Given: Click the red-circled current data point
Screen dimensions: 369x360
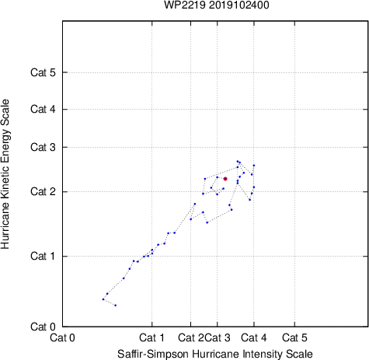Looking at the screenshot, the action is pyautogui.click(x=225, y=179).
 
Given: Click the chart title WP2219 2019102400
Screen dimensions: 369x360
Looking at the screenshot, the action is pyautogui.click(x=217, y=5).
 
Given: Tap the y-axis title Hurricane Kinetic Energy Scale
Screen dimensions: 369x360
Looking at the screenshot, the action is pyautogui.click(x=5, y=174).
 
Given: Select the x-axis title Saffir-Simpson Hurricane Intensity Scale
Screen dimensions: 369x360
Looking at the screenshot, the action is pyautogui.click(x=215, y=354).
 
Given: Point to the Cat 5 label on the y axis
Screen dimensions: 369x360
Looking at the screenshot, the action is pyautogui.click(x=43, y=72).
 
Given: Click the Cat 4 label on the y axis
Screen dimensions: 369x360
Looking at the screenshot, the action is pyautogui.click(x=43, y=109).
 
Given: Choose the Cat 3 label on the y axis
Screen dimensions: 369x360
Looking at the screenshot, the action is pyautogui.click(x=43, y=147).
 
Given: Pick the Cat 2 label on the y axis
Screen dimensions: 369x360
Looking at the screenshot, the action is pyautogui.click(x=43, y=192).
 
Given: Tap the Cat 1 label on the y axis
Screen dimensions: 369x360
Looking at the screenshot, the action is pyautogui.click(x=43, y=256).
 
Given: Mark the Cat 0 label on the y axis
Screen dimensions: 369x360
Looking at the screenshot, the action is pyautogui.click(x=43, y=327).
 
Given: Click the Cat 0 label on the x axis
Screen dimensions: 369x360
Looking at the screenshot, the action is pyautogui.click(x=62, y=337).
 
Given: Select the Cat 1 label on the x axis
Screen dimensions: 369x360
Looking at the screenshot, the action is pyautogui.click(x=151, y=337).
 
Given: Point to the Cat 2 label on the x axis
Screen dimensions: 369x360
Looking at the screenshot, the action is pyautogui.click(x=191, y=337).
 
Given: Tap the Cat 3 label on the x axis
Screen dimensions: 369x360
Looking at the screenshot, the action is pyautogui.click(x=218, y=337).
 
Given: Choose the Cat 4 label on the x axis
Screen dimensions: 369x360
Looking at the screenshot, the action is pyautogui.click(x=254, y=337).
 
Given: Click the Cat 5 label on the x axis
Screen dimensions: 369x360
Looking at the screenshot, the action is pyautogui.click(x=294, y=337).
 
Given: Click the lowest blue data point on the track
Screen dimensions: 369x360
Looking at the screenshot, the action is pyautogui.click(x=116, y=306).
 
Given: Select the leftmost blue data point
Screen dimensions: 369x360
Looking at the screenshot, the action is pyautogui.click(x=103, y=299).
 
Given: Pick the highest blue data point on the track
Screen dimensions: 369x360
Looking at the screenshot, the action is pyautogui.click(x=238, y=161).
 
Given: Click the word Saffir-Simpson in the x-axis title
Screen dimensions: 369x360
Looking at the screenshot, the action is pyautogui.click(x=153, y=354).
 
